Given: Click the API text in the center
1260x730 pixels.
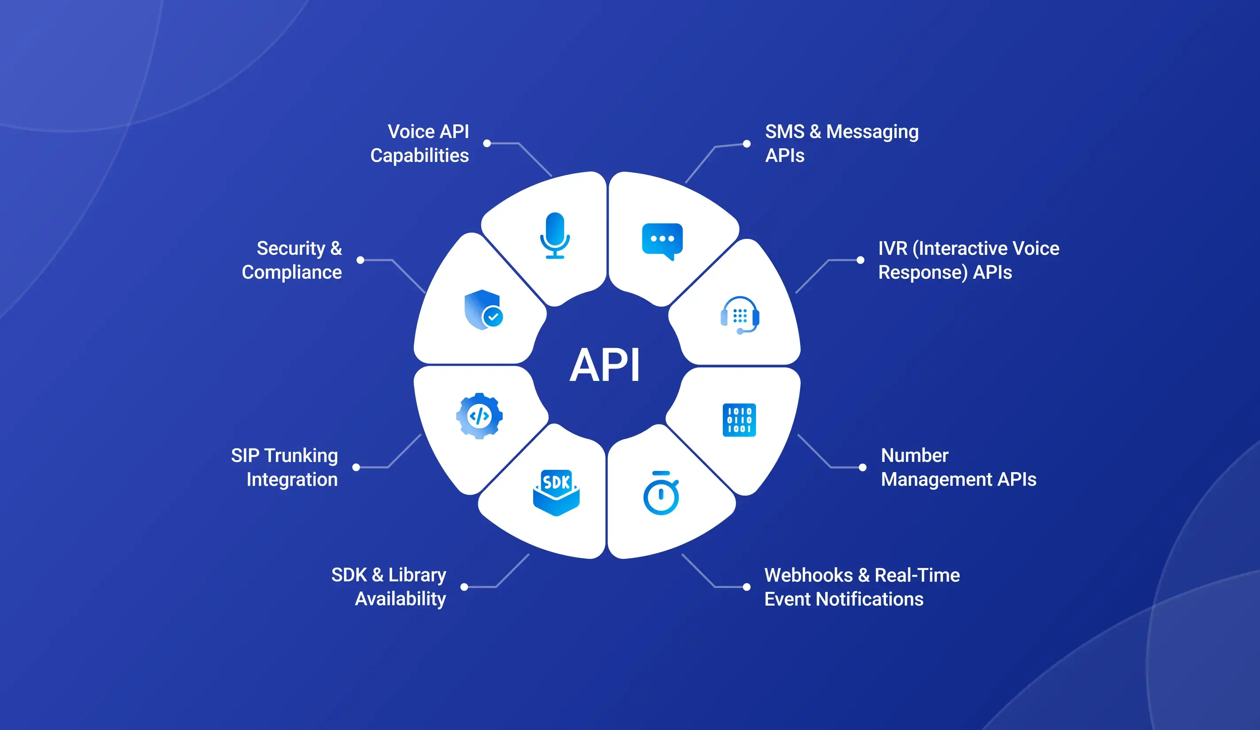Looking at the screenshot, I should coord(605,366).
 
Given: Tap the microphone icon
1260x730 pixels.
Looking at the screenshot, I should coord(554,236).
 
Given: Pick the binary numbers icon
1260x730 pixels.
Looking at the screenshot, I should coord(739,420).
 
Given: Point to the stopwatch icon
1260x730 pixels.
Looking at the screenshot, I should coord(661,493).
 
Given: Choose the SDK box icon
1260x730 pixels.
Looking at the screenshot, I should coord(556,492).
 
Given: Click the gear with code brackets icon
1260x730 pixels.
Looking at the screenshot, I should coord(479,416).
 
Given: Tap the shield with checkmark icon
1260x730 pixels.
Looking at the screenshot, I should coord(483,310).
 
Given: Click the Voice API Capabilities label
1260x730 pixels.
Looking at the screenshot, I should coord(420,144).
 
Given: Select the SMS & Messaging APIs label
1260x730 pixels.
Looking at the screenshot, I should coord(841,144).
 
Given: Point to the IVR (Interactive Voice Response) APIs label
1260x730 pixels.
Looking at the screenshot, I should coord(969,260).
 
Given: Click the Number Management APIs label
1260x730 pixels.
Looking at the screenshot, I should coord(958,467).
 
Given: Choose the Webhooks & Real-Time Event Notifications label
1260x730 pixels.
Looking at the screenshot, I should coord(862,587).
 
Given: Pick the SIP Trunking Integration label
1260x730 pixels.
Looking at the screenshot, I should coord(285,467).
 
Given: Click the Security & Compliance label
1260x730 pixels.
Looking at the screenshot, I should coord(292,260).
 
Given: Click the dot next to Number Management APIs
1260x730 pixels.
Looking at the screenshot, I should coord(863,467).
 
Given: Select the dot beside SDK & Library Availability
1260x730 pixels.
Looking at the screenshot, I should coord(465,587).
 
